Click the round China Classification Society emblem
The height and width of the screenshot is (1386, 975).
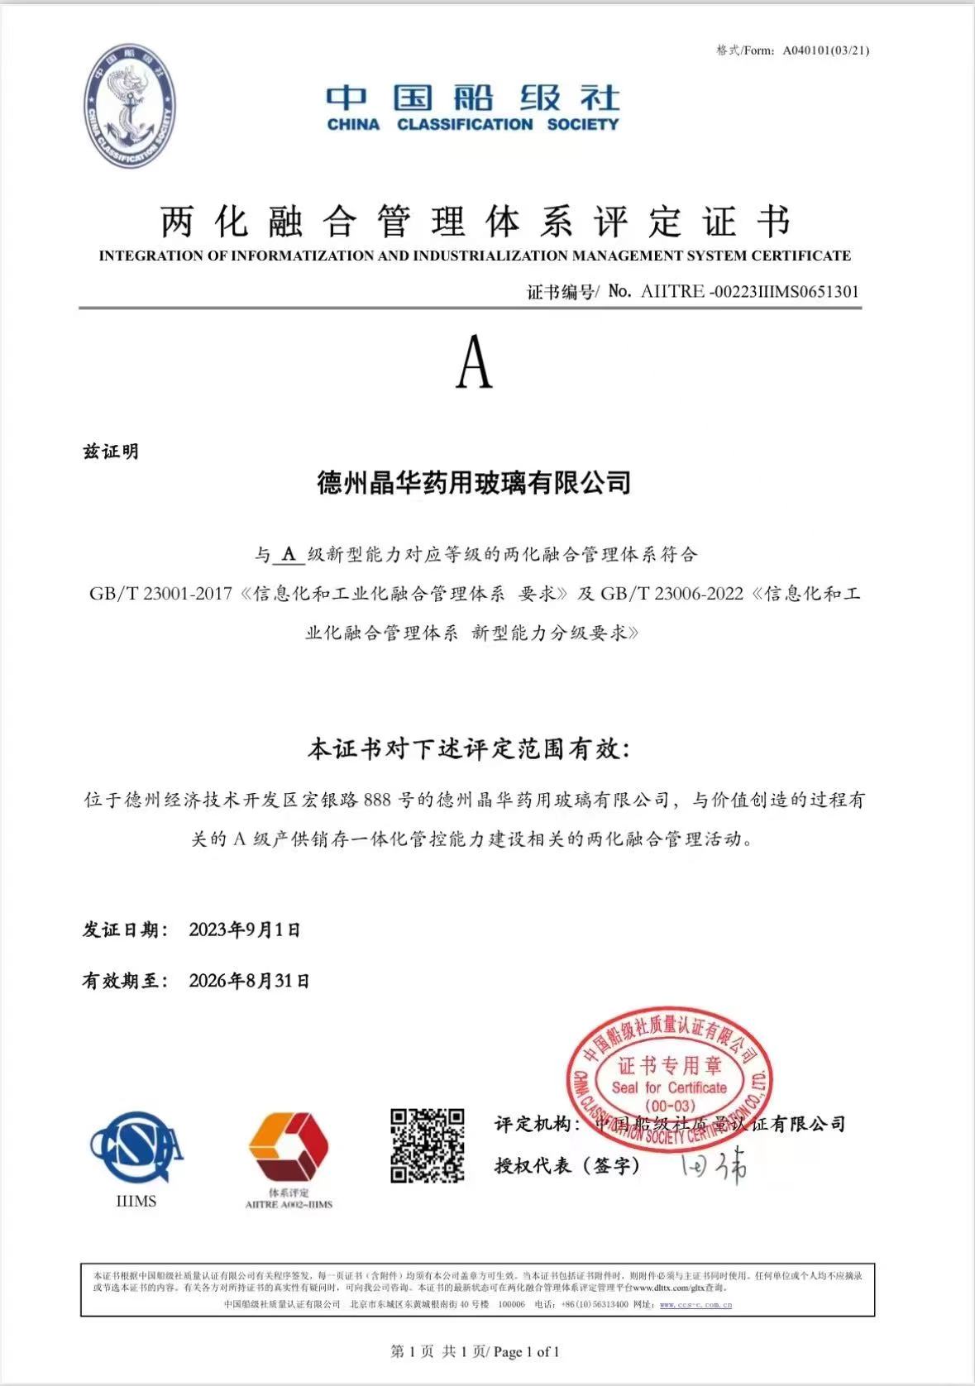point(129,107)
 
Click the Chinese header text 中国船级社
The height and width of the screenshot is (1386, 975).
point(472,98)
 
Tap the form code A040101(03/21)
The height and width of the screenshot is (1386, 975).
point(826,50)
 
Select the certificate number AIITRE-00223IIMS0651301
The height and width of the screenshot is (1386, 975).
point(749,291)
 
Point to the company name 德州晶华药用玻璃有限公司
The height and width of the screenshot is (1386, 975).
point(474,482)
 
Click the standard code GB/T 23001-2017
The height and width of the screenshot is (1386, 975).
point(161,594)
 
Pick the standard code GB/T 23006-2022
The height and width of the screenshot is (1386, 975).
point(672,594)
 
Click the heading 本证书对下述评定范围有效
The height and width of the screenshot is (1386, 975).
point(468,749)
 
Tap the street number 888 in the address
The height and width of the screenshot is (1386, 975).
point(377,800)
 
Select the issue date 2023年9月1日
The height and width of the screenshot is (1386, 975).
point(245,930)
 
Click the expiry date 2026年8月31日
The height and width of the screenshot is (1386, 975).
point(250,981)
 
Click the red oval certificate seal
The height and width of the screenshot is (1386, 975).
point(669,1078)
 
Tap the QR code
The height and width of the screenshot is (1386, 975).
point(427,1145)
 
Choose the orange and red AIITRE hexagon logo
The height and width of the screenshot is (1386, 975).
point(288,1147)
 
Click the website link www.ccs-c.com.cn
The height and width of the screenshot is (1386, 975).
point(695,1304)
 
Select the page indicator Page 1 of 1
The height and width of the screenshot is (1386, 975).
point(527,1352)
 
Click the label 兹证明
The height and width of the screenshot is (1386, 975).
point(111,452)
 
